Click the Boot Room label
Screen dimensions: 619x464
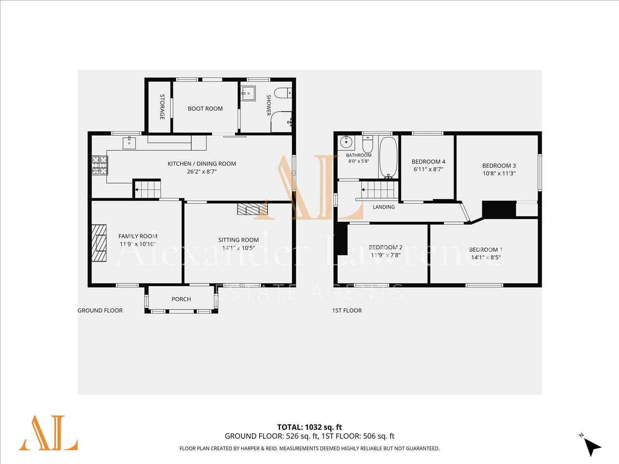[206, 108]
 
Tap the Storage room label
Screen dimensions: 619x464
[162, 107]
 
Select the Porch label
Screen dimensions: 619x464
[181, 299]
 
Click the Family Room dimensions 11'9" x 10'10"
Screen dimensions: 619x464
[138, 244]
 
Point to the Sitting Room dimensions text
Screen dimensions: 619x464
[238, 248]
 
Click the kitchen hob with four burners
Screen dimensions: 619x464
[100, 165]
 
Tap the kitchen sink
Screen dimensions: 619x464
[129, 143]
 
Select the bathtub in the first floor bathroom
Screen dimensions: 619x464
[388, 158]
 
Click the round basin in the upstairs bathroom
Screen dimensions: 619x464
[346, 142]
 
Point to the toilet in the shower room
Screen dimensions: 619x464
[283, 93]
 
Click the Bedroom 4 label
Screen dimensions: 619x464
[428, 162]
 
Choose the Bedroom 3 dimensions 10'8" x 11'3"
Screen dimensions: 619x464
[499, 174]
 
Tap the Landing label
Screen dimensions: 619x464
[383, 207]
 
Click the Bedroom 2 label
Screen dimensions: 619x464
[385, 247]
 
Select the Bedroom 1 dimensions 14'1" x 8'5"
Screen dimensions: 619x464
[486, 258]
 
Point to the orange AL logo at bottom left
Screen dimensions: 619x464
[48, 433]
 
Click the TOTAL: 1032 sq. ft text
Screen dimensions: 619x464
[309, 427]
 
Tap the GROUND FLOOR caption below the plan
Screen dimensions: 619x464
[100, 310]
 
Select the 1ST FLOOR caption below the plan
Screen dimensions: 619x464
[347, 310]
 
